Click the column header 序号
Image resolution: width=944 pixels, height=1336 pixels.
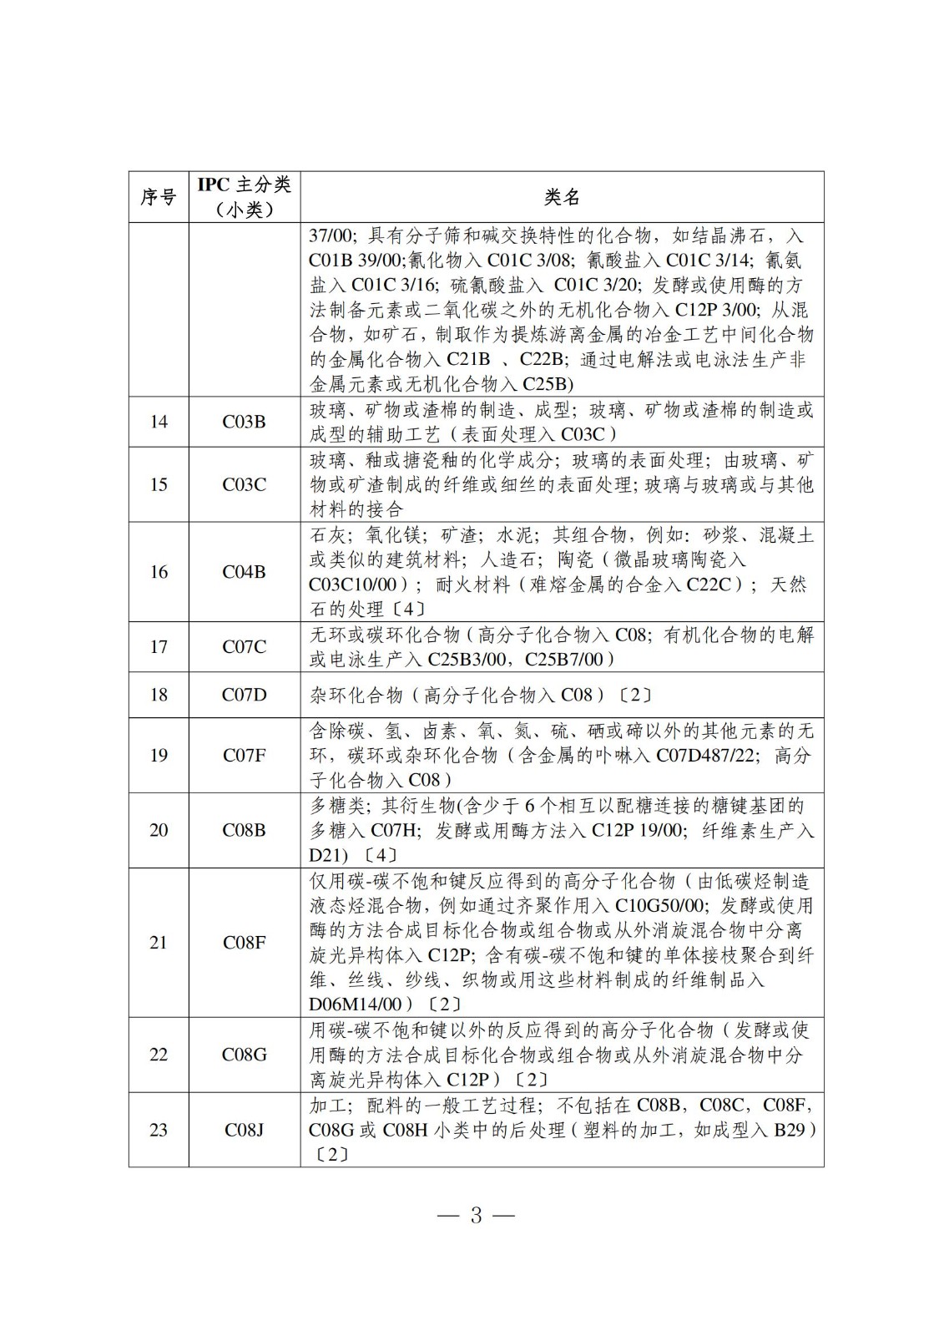pos(159,197)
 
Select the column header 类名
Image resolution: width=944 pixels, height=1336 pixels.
pos(562,197)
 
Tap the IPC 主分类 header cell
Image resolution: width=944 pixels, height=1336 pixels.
pos(244,196)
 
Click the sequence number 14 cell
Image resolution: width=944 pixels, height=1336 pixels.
pos(159,422)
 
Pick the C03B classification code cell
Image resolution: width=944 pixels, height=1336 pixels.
pos(244,422)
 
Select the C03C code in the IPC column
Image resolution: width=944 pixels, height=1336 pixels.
pos(244,484)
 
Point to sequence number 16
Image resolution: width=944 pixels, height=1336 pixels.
pos(159,572)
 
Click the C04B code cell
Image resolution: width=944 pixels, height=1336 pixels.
pos(244,572)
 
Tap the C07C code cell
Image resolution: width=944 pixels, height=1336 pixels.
pos(244,646)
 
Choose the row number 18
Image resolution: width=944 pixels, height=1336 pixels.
pos(159,695)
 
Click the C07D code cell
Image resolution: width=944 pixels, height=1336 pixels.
pos(244,695)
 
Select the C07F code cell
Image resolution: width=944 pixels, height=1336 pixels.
pos(244,755)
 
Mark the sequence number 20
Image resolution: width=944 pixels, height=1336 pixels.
pos(159,830)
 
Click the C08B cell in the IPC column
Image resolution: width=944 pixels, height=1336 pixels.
pos(244,830)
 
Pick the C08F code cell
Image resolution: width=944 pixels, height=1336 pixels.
pos(244,942)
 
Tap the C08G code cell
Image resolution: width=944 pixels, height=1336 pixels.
pos(244,1055)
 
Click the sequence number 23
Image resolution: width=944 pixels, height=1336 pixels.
pos(159,1130)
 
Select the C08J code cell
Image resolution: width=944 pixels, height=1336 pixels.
pos(244,1130)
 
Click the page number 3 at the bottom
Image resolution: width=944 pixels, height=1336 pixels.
pos(476,1215)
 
